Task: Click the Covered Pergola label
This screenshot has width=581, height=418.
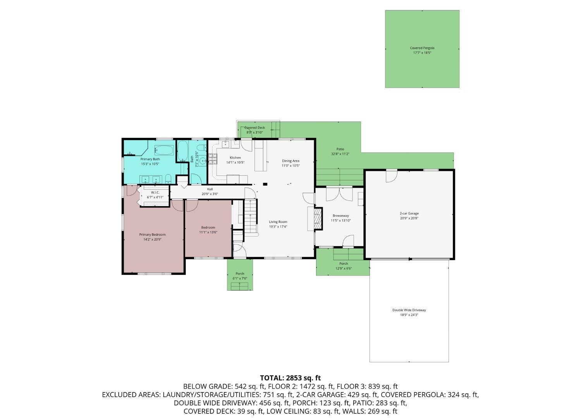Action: point(422,48)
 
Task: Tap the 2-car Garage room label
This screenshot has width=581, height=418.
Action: point(409,213)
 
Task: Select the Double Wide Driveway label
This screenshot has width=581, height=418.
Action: point(409,310)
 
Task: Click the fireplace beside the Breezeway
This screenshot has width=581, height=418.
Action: point(318,218)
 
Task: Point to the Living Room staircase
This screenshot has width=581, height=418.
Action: point(251,216)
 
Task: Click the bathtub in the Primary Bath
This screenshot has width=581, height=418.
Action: point(164,150)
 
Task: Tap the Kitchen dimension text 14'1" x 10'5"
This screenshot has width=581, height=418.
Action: point(235,163)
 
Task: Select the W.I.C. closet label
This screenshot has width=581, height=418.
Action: point(155,192)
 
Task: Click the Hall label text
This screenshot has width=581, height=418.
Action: point(210,189)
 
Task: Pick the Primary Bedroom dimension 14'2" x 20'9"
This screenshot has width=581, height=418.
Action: point(152,239)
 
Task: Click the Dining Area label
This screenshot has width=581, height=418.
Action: point(290,161)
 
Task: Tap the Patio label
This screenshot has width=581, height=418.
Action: point(340,149)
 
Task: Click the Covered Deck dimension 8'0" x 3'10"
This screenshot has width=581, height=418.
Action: point(254,132)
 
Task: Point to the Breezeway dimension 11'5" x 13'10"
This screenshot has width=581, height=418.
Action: point(340,221)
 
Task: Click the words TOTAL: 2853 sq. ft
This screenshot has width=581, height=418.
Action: point(290,378)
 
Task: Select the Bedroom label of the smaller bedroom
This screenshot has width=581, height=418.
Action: point(208,227)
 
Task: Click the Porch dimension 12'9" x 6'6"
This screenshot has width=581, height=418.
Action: point(344,268)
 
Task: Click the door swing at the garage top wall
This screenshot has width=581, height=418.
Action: point(391,176)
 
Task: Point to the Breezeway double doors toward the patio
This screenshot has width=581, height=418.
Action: point(339,194)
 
